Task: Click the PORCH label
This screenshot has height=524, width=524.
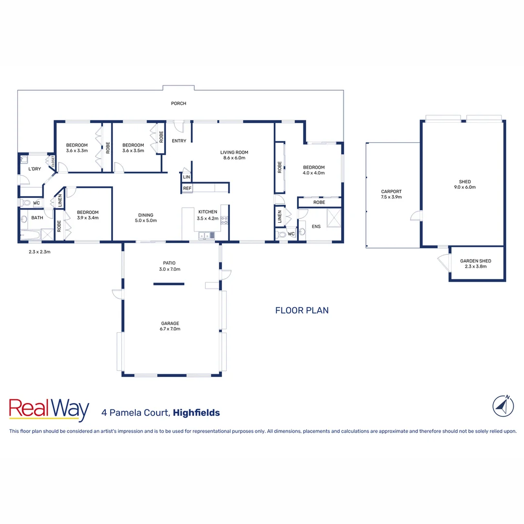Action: point(179,103)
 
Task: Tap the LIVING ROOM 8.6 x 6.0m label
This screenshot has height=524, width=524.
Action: point(234,155)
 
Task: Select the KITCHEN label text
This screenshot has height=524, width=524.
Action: point(208,212)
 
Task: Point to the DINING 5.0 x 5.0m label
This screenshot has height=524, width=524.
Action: point(146,218)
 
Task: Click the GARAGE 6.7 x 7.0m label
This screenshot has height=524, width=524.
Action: point(170,326)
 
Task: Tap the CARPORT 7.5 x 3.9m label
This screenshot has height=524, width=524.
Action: point(391,194)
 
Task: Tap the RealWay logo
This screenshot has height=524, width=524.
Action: point(49,410)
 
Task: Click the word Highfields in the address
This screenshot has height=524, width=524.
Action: point(196,413)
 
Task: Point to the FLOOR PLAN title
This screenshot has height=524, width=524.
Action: point(302,310)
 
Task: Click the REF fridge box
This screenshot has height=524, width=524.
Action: point(187,188)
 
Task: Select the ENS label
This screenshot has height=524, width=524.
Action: point(316,227)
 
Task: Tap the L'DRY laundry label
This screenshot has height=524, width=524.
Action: point(34,169)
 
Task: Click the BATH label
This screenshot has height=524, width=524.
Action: point(37,218)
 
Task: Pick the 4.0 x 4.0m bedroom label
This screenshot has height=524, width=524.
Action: point(313,170)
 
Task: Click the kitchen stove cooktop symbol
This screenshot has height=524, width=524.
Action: point(224,220)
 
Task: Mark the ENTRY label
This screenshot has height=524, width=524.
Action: point(179,141)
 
